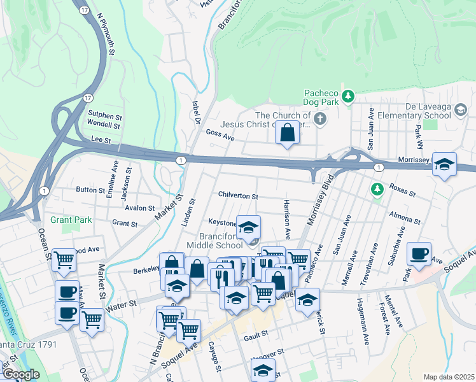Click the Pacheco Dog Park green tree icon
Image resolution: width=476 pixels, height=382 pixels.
[x=347, y=97]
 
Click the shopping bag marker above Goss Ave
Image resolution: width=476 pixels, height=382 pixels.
[x=288, y=134]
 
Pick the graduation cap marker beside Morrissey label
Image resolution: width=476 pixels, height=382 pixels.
[x=444, y=165]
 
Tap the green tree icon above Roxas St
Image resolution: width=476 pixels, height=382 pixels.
[x=377, y=189]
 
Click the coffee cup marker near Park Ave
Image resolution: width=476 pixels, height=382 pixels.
[x=419, y=254]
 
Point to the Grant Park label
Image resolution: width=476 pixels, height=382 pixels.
[x=72, y=220]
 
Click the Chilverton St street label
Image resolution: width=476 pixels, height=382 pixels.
[x=238, y=197]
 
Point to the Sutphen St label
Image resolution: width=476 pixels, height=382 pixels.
[x=104, y=117]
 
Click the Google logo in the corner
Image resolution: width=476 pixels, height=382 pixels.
[x=20, y=374]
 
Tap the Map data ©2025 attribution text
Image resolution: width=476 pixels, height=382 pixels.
[x=449, y=377]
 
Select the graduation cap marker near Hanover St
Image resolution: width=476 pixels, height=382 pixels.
[x=262, y=370]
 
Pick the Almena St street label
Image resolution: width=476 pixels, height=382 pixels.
[x=405, y=218]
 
